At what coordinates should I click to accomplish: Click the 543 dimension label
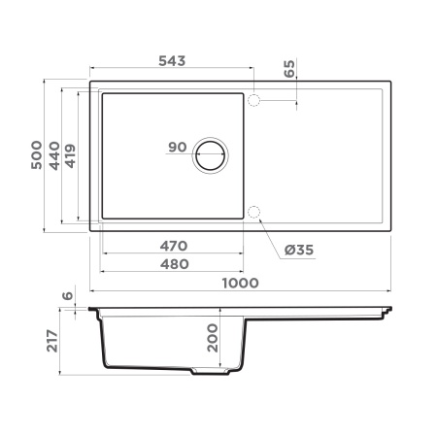(170, 60)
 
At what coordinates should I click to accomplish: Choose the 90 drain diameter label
(177, 148)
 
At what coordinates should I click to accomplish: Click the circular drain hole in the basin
(211, 155)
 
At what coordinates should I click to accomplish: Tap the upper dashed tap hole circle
(254, 101)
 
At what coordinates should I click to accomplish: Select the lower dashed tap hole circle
(254, 213)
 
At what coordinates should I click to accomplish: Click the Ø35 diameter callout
(299, 251)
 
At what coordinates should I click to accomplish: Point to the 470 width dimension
(171, 247)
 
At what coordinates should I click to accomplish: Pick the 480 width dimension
(171, 263)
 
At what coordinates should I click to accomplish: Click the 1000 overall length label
(239, 283)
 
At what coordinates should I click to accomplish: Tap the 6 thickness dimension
(67, 297)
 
